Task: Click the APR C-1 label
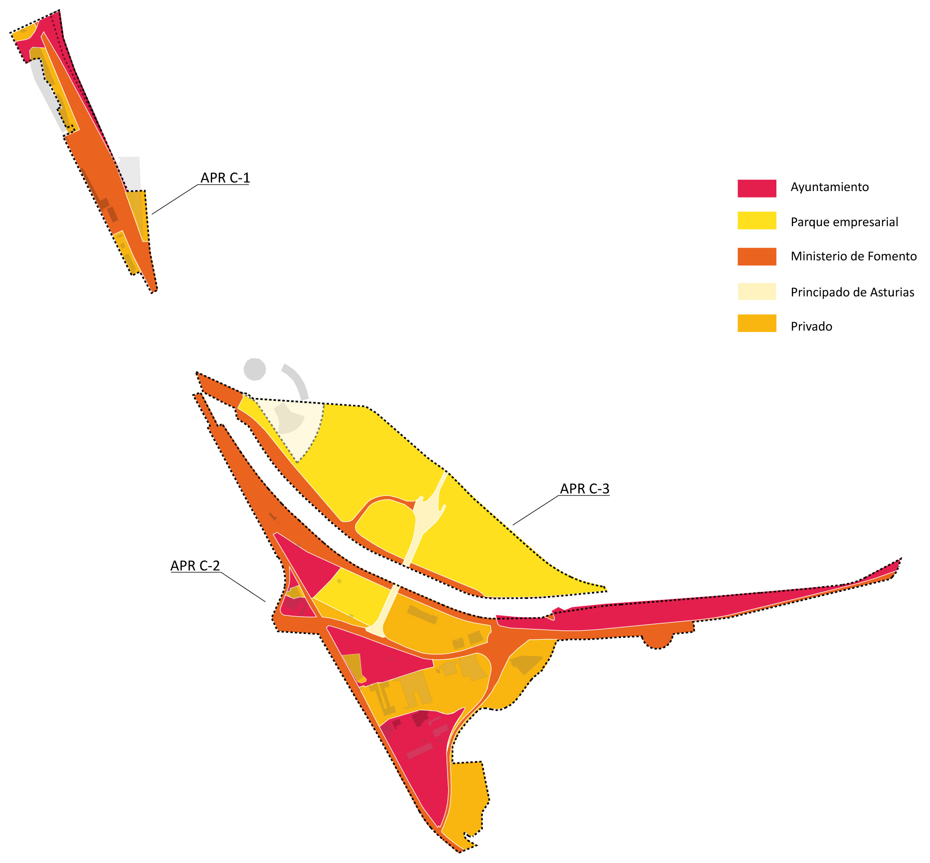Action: (x=225, y=178)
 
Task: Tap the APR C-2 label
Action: (x=195, y=566)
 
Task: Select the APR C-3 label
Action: (x=584, y=488)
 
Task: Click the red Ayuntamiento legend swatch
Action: (x=756, y=188)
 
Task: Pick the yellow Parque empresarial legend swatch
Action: (x=756, y=221)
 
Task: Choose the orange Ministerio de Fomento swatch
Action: (x=756, y=257)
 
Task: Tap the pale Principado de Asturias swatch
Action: (x=756, y=291)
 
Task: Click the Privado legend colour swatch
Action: (x=756, y=323)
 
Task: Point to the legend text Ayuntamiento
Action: (x=829, y=187)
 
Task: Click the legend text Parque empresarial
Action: (x=844, y=222)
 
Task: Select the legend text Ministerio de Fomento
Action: (x=853, y=256)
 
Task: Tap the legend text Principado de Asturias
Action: (x=852, y=292)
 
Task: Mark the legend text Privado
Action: (x=811, y=326)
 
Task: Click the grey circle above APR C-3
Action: (x=255, y=369)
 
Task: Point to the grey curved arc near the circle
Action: (x=298, y=379)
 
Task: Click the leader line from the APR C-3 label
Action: (x=536, y=510)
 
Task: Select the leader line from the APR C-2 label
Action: (x=243, y=587)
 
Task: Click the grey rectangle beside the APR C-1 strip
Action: (x=130, y=173)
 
